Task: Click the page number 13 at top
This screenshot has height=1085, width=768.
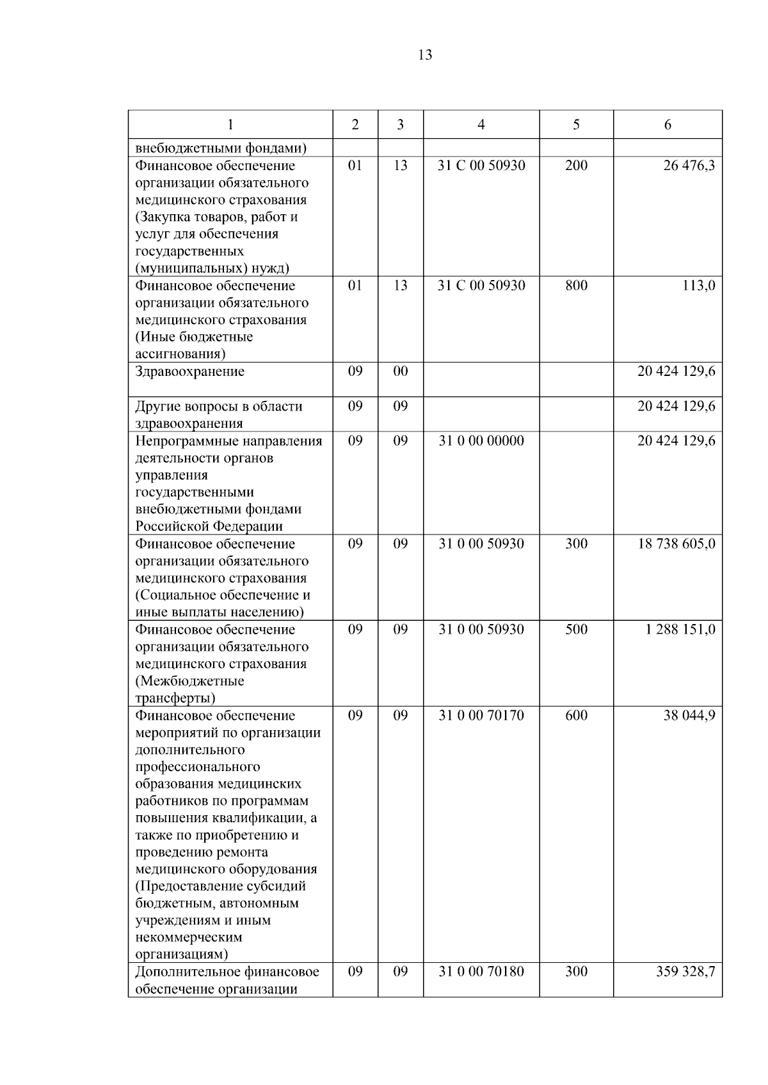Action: click(x=425, y=56)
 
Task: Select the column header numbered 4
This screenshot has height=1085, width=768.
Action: click(x=481, y=125)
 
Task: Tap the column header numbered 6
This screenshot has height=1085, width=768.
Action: click(x=668, y=125)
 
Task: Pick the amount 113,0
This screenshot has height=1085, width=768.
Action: click(x=698, y=286)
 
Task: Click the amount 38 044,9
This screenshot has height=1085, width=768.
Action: click(x=689, y=715)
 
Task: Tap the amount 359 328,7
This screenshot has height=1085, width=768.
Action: click(x=685, y=972)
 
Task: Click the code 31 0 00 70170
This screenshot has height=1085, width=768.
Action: click(x=481, y=715)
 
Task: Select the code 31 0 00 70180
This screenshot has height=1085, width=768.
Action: click(x=481, y=972)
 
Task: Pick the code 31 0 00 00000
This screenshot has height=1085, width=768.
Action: click(x=481, y=441)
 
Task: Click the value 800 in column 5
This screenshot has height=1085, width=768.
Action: click(x=576, y=286)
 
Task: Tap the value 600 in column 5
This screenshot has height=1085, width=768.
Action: click(x=576, y=715)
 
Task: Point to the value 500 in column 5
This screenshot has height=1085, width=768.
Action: click(x=576, y=630)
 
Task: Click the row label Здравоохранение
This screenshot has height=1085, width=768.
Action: click(x=189, y=372)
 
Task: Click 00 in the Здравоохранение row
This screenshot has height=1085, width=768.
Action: click(x=400, y=372)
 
